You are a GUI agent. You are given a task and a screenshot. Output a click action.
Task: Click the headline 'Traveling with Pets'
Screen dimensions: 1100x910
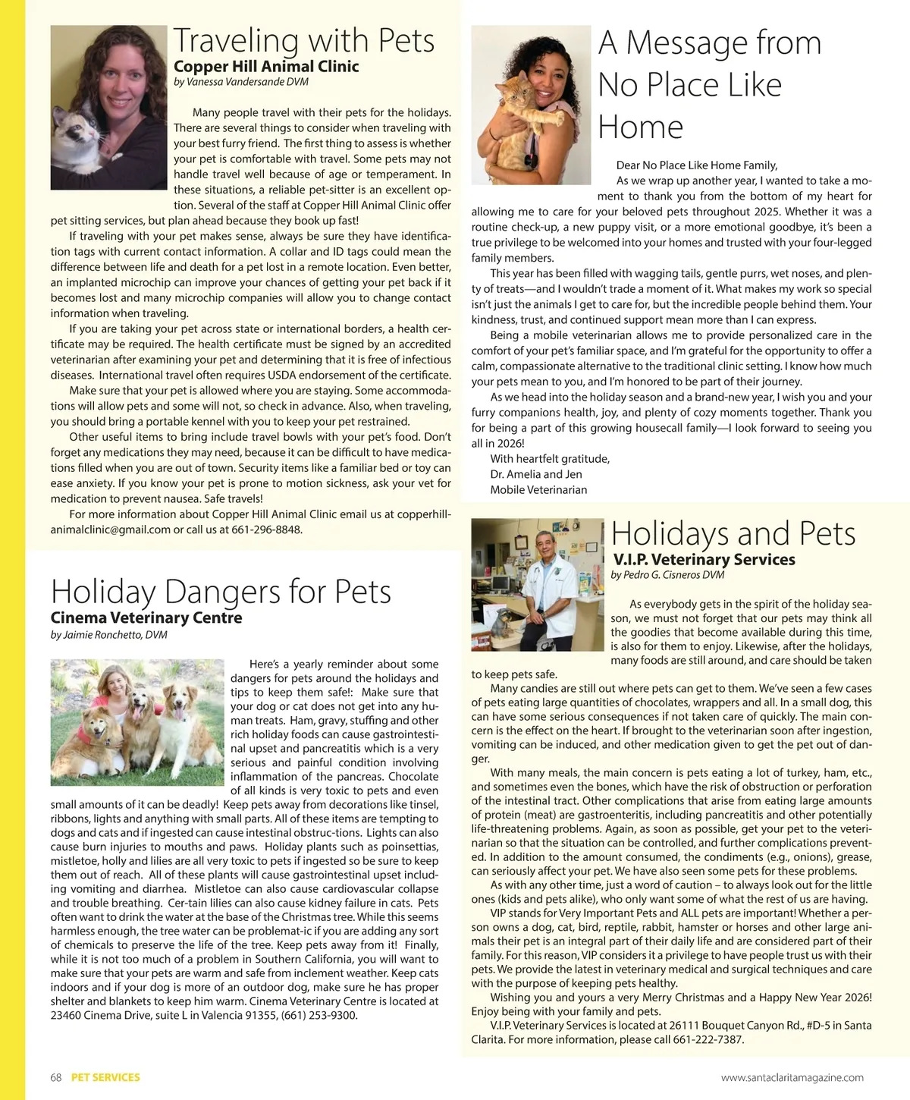(x=304, y=40)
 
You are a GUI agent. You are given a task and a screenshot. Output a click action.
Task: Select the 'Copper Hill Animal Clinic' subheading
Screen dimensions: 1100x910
(x=266, y=67)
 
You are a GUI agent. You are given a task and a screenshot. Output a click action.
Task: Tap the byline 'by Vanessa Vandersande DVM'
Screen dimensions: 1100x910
(x=241, y=82)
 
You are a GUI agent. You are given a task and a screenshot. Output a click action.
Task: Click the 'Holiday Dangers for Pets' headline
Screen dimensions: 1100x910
(x=221, y=591)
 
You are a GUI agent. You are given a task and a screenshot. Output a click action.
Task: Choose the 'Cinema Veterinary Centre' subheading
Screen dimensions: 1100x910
(x=146, y=618)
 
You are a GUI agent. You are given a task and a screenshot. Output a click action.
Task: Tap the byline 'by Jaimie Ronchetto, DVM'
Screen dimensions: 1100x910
(x=108, y=634)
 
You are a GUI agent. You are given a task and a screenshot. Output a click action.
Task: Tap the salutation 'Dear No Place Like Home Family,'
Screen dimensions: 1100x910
(x=697, y=165)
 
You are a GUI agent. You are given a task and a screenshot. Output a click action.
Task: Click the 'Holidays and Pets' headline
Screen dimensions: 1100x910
(x=733, y=533)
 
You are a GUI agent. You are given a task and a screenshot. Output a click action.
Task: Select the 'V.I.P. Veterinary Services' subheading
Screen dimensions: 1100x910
(x=704, y=560)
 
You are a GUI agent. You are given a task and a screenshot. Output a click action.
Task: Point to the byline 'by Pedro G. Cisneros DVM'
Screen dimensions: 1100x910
(x=667, y=575)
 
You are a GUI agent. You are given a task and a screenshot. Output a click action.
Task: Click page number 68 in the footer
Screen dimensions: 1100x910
(x=56, y=1077)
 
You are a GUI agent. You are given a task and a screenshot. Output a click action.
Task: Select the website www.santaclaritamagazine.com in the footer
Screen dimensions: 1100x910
(x=792, y=1077)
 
